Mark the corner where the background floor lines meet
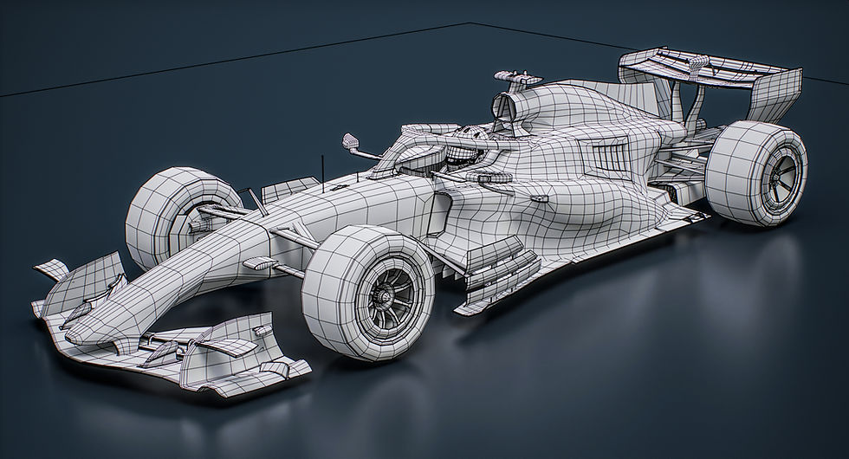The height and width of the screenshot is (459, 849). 470,22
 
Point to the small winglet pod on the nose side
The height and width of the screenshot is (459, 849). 259,262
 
